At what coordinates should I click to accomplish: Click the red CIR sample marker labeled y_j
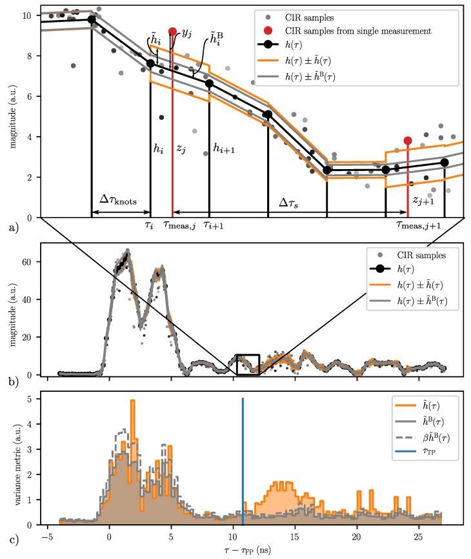[172, 31]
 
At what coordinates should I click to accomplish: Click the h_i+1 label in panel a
[223, 148]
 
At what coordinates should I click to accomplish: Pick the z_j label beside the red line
[181, 148]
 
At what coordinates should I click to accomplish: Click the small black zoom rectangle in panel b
[248, 365]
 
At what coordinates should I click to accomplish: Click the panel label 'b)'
[13, 381]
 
